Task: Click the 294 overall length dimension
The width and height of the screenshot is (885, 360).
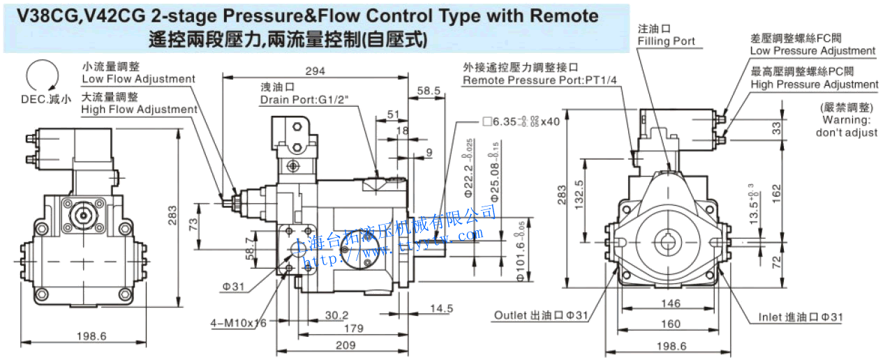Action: coord(315,70)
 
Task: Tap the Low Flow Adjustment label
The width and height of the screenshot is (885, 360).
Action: coord(138,79)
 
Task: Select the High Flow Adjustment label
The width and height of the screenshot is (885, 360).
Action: coord(139,110)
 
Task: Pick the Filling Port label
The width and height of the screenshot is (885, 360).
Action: coord(666,41)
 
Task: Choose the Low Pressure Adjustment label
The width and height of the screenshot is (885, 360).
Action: coord(812,51)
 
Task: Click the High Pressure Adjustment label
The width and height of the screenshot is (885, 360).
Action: coord(815,84)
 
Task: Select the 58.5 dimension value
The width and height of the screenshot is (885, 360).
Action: coord(429,91)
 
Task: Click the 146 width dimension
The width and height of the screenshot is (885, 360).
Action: coord(670,303)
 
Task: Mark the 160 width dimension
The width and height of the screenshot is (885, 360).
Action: coord(670,324)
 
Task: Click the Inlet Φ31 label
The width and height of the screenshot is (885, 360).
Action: coord(801,317)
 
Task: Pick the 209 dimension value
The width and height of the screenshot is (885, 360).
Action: coord(346,345)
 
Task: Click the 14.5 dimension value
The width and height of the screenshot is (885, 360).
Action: coord(441,308)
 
